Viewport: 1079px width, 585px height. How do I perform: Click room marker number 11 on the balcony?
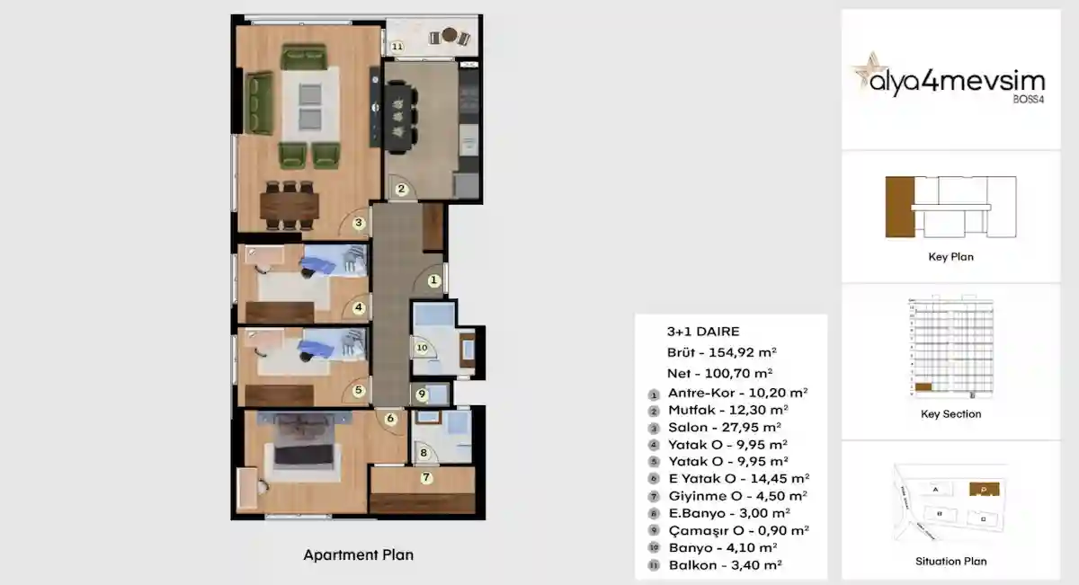[397, 46]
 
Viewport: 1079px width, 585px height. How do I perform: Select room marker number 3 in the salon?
[358, 223]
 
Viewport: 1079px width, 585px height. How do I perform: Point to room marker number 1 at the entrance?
[433, 281]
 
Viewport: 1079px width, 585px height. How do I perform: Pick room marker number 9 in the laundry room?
[422, 394]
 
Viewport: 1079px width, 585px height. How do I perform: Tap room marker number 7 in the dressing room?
[426, 477]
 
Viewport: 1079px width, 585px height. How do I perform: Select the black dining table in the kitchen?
[397, 114]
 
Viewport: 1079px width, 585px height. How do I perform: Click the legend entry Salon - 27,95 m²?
[724, 427]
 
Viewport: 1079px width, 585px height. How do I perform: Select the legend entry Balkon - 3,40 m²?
[725, 565]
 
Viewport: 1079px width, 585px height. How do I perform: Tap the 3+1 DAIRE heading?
[703, 332]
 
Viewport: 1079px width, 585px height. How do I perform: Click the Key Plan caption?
[950, 257]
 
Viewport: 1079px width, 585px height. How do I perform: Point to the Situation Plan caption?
[950, 561]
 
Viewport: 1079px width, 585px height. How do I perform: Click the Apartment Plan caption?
[358, 555]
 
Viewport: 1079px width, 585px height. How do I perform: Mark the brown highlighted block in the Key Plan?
[898, 208]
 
